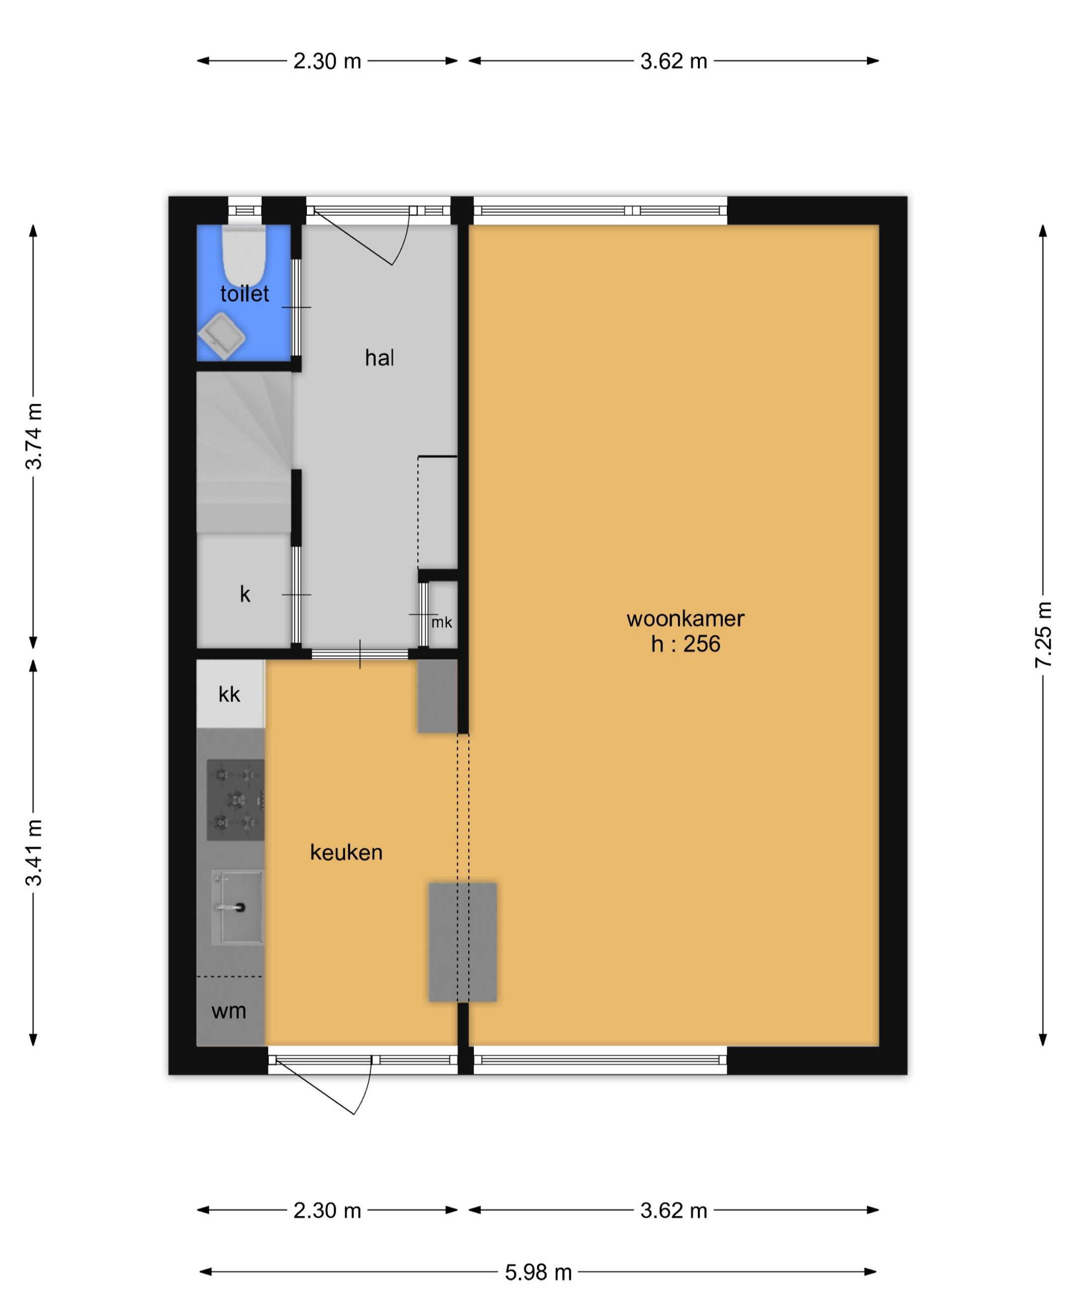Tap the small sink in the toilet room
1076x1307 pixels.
[221, 336]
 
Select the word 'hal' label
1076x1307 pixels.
[379, 358]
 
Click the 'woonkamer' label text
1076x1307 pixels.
[685, 618]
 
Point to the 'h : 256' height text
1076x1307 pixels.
[685, 644]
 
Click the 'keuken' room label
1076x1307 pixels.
[346, 853]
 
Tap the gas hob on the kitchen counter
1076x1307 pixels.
[236, 800]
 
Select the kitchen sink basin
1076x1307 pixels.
[238, 907]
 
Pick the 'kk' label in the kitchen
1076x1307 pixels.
[229, 695]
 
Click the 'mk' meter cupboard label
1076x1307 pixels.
[442, 622]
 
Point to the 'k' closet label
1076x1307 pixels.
[245, 594]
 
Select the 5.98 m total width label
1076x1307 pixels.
[538, 1272]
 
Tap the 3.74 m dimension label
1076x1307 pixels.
[34, 436]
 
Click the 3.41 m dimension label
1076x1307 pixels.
[34, 853]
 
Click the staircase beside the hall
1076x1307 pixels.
[244, 452]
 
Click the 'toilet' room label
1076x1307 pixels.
[244, 294]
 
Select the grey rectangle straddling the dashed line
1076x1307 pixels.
[463, 942]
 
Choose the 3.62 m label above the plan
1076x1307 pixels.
[673, 61]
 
